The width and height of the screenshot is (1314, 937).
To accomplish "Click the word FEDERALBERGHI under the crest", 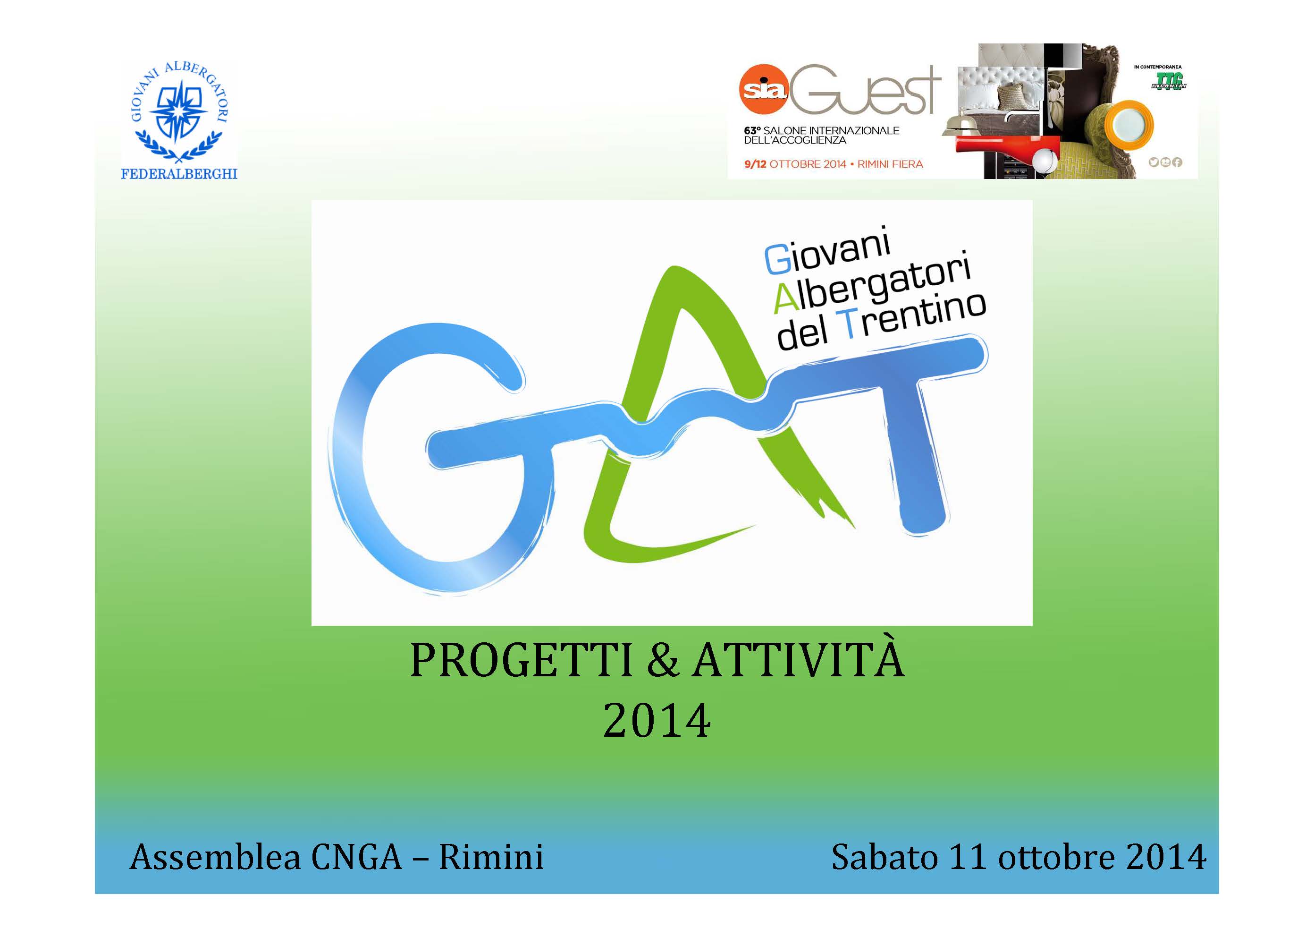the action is coord(179,174).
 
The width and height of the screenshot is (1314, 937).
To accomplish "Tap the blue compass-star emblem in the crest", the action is coord(179,109).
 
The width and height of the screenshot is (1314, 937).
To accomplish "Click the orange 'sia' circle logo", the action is coord(763,89).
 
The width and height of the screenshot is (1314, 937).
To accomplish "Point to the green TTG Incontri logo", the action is coord(1168,83).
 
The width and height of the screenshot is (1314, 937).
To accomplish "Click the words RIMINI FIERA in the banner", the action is coord(890,164).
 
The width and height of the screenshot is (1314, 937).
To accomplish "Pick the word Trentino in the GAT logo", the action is coord(913,317).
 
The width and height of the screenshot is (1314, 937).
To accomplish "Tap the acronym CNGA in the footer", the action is coord(356,857).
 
